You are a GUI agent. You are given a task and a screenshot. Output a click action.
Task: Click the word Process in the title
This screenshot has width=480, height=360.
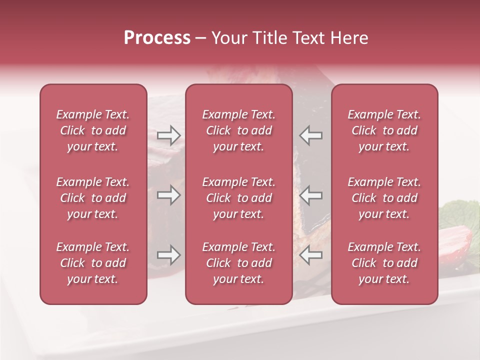(157, 38)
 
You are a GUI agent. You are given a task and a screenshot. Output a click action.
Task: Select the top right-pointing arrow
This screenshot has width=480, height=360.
(168, 135)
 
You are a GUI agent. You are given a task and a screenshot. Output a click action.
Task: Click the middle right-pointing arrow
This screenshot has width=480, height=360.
(168, 195)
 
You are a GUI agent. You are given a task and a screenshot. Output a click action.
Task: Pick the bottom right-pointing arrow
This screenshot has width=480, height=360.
(168, 255)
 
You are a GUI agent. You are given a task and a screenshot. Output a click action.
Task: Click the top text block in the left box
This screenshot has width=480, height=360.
(93, 130)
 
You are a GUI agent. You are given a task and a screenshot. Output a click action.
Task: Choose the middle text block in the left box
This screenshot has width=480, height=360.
(93, 198)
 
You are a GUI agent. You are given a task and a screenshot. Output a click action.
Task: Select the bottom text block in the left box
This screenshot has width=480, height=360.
(93, 263)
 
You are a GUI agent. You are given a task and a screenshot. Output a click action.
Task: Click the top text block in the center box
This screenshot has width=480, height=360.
(238, 130)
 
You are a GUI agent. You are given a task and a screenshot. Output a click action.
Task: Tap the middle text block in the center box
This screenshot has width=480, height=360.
(238, 198)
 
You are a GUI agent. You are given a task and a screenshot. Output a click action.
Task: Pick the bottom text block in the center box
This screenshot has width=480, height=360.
(238, 263)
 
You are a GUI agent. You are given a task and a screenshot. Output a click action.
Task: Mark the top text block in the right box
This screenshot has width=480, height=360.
(384, 130)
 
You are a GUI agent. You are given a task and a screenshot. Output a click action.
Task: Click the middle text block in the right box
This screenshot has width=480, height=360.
(384, 198)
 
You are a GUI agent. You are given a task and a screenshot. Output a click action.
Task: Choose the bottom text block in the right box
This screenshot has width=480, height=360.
(384, 263)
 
